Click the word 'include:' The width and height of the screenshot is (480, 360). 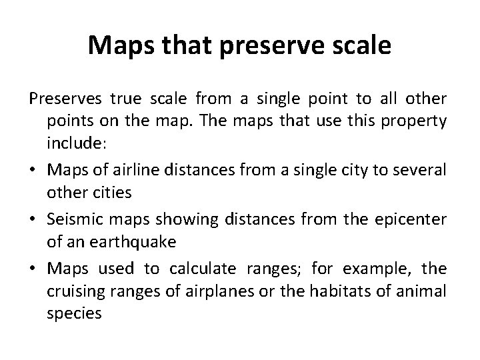pyautogui.click(x=72, y=141)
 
